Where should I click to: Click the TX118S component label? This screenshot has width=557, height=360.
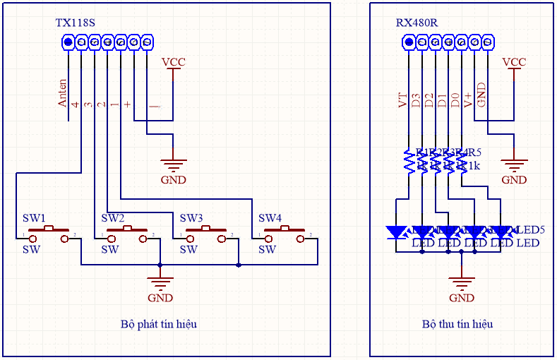(x=75, y=23)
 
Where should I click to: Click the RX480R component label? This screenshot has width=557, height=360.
(x=417, y=23)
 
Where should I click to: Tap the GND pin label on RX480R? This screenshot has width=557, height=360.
(x=481, y=95)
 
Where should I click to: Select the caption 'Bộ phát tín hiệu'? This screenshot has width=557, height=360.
(x=158, y=324)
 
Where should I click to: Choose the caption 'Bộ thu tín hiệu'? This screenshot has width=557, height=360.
(x=457, y=324)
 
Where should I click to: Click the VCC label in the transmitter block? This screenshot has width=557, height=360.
(x=173, y=62)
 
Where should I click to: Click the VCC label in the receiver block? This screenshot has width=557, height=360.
(x=514, y=62)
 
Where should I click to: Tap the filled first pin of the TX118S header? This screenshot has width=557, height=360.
(x=68, y=43)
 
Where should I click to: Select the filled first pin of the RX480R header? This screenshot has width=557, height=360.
(x=409, y=43)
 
